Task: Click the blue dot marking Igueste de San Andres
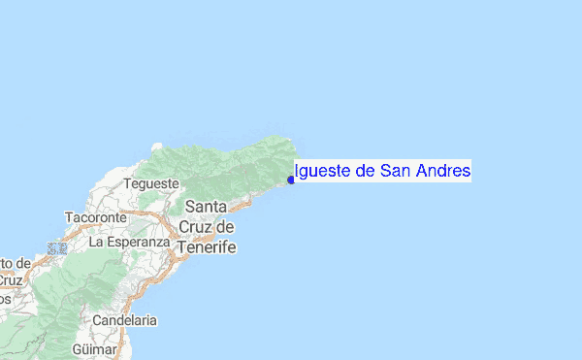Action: pos(291,180)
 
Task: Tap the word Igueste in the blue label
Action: pos(323,172)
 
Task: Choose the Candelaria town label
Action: pos(125,320)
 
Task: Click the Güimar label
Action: pos(95,348)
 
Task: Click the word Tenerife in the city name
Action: pos(206,246)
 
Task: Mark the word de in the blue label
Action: pos(365,172)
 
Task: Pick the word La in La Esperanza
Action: pos(96,242)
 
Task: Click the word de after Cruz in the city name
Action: pos(226,227)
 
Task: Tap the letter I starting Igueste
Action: pos(295,172)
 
